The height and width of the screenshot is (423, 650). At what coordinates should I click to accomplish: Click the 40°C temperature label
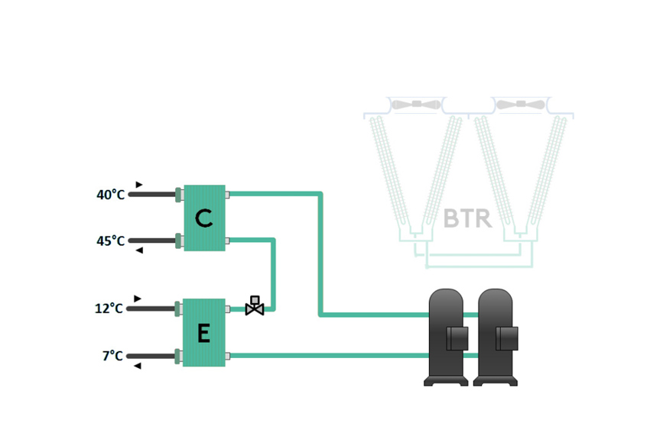tap(110, 195)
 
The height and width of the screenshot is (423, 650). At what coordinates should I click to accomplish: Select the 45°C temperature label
tap(110, 241)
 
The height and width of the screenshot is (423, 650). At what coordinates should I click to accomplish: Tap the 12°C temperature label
tap(109, 308)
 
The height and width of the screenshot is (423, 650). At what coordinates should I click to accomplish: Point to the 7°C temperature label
tap(112, 356)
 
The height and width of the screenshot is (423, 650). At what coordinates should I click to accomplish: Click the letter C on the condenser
tap(203, 219)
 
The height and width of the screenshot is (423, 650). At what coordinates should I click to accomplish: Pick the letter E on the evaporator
tap(203, 334)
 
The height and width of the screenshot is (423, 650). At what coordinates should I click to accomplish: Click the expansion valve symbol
tap(255, 305)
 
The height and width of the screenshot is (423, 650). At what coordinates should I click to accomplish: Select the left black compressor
tap(447, 336)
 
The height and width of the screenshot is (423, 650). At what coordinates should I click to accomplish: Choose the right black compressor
tap(496, 336)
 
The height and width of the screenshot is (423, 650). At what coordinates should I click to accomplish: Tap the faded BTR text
tap(467, 218)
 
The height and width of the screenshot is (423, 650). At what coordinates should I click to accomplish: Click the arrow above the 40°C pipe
tap(139, 185)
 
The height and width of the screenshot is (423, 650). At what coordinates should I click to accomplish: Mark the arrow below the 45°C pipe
tap(139, 250)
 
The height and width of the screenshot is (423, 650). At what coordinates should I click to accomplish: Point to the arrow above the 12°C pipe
tap(138, 299)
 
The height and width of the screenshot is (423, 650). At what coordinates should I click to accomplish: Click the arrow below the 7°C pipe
tap(138, 366)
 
